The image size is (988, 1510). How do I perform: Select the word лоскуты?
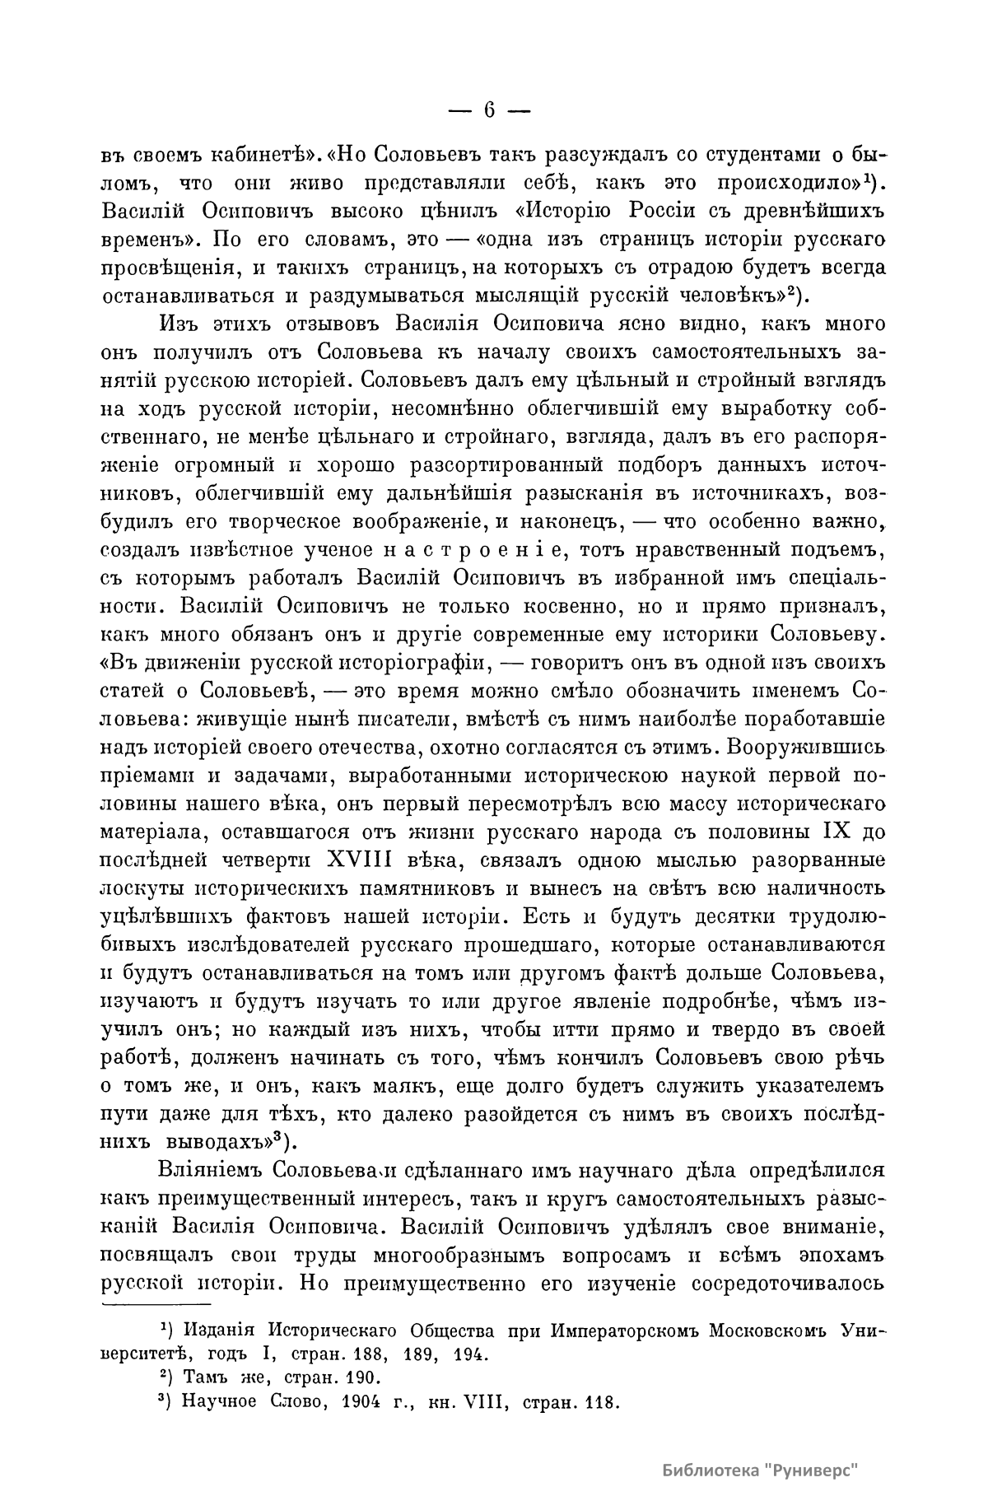coord(146,889)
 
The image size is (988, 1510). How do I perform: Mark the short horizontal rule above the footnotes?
coord(156,1304)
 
